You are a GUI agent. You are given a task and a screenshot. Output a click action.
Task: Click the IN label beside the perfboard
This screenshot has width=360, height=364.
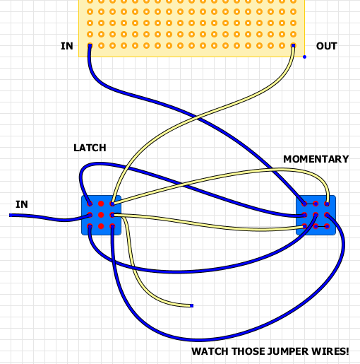pyautogui.click(x=67, y=47)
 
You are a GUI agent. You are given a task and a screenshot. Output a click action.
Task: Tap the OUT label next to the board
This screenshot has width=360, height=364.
pyautogui.click(x=326, y=47)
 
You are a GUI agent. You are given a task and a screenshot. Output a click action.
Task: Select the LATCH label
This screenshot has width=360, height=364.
pyautogui.click(x=90, y=148)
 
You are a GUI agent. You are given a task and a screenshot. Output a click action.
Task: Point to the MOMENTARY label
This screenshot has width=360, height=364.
pyautogui.click(x=316, y=159)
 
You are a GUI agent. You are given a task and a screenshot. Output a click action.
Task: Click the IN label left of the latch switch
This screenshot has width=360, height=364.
pyautogui.click(x=22, y=204)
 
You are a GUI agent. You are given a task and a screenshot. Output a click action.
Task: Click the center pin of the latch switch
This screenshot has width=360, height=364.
pyautogui.click(x=101, y=215)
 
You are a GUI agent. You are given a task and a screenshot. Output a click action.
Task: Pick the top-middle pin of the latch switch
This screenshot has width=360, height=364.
pyautogui.click(x=101, y=204)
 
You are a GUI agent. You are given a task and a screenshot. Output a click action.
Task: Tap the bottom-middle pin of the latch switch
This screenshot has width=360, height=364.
pyautogui.click(x=101, y=226)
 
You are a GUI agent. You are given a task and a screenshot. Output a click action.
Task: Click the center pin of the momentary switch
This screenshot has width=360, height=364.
pyautogui.click(x=316, y=215)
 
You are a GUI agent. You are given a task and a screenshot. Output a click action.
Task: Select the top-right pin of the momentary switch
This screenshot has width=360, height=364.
pyautogui.click(x=327, y=204)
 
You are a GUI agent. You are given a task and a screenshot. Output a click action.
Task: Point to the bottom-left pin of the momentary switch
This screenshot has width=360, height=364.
pyautogui.click(x=304, y=226)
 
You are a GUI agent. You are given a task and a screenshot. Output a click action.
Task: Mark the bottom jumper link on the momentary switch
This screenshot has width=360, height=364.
pyautogui.click(x=321, y=226)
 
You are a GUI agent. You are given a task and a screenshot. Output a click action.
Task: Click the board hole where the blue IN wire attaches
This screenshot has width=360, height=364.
pyautogui.click(x=90, y=47)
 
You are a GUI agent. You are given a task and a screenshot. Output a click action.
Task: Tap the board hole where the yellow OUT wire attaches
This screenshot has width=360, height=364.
pyautogui.click(x=293, y=47)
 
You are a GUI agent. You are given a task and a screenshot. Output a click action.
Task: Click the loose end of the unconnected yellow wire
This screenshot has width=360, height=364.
pyautogui.click(x=191, y=306)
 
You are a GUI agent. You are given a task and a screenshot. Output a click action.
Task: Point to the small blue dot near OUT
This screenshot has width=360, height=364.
pyautogui.click(x=304, y=57)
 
